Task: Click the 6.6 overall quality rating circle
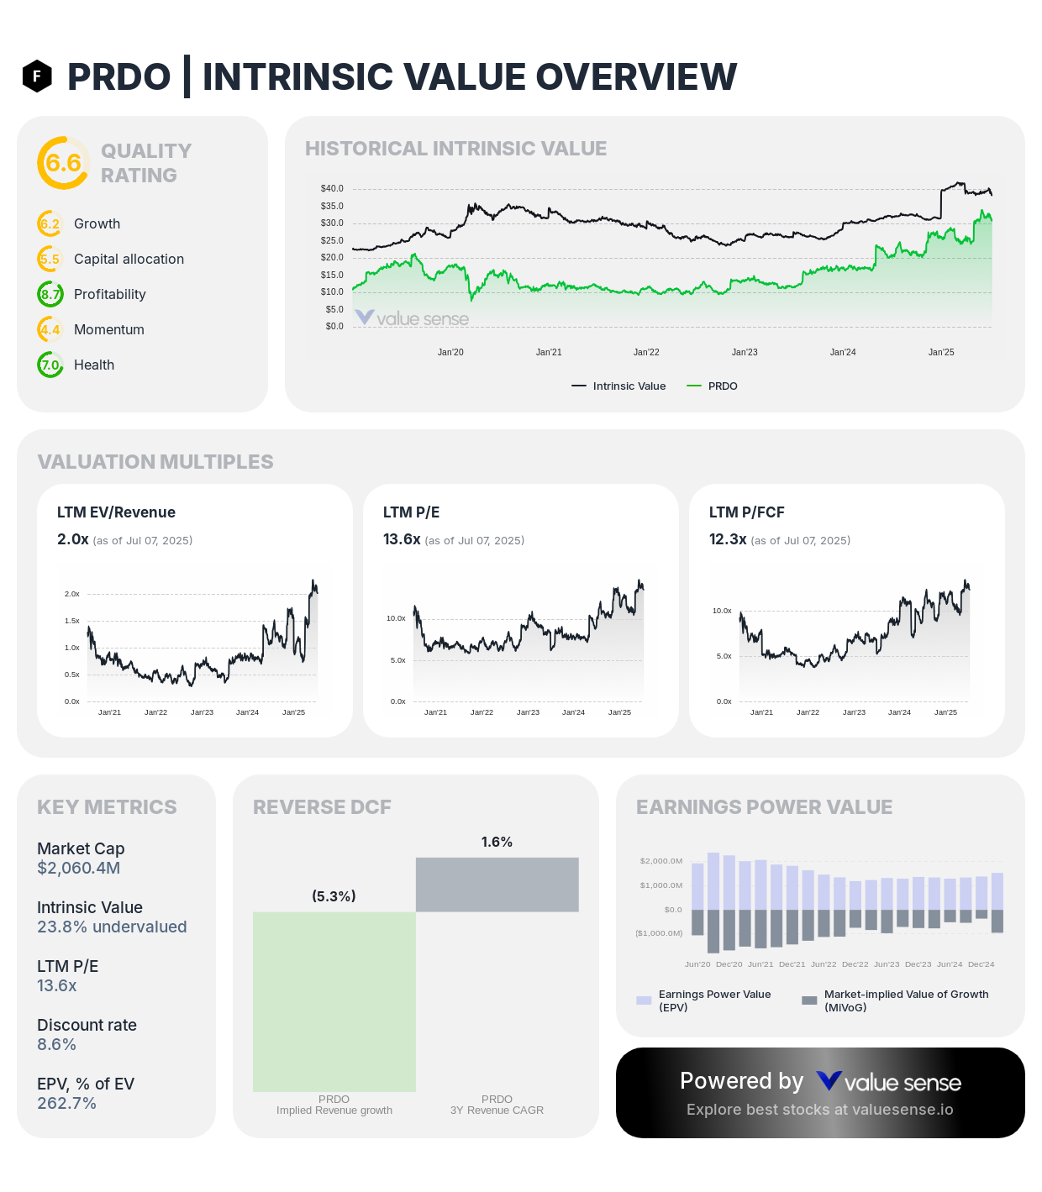click(63, 163)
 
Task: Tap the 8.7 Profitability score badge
click(50, 294)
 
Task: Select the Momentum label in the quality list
click(109, 329)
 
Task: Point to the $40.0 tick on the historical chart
click(332, 189)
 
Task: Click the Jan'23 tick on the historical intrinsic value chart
click(745, 352)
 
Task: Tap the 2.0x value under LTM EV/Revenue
click(72, 539)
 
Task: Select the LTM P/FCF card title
click(746, 512)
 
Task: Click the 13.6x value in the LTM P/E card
click(402, 539)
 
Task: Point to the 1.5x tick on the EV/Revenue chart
click(72, 621)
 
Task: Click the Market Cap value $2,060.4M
click(78, 868)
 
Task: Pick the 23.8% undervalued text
click(112, 927)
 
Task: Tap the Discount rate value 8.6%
click(56, 1044)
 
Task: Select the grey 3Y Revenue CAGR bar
click(497, 885)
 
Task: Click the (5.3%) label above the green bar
click(334, 896)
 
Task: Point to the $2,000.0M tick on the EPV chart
click(660, 861)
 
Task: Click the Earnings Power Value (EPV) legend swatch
click(645, 1000)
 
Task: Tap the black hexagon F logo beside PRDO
click(37, 76)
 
